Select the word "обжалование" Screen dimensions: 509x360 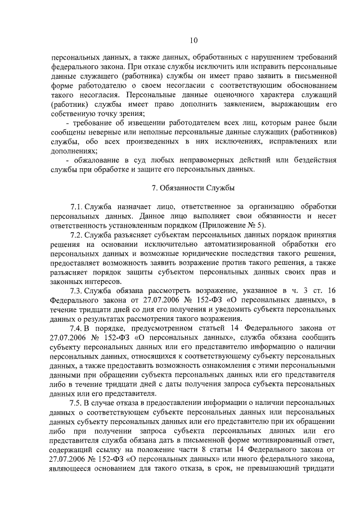tap(93, 160)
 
